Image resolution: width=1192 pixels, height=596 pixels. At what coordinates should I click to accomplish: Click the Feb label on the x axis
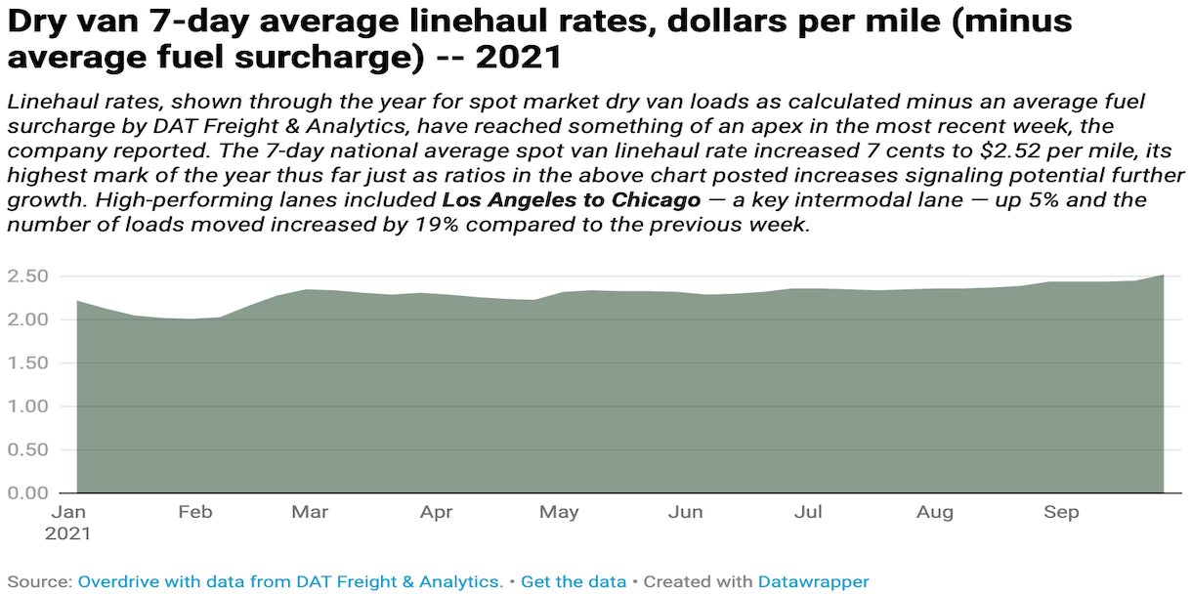(195, 513)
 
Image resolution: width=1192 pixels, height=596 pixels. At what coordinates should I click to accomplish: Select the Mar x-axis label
(311, 513)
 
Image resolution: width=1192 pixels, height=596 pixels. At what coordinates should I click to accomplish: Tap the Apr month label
(437, 513)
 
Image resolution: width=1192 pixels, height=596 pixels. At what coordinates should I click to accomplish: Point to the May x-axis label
(560, 513)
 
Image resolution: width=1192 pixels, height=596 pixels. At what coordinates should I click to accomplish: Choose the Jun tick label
(686, 513)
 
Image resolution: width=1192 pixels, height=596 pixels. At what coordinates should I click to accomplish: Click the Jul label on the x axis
(807, 513)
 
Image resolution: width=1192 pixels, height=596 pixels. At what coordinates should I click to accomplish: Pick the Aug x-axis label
(935, 513)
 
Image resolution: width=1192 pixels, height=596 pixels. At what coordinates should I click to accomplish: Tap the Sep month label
(1061, 513)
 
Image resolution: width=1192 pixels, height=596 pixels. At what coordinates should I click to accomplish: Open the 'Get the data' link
(574, 581)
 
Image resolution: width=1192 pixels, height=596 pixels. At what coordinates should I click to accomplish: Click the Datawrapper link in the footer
(813, 581)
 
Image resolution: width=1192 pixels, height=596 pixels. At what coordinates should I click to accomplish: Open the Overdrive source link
(290, 581)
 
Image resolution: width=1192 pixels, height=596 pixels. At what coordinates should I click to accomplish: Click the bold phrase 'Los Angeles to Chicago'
(572, 200)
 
